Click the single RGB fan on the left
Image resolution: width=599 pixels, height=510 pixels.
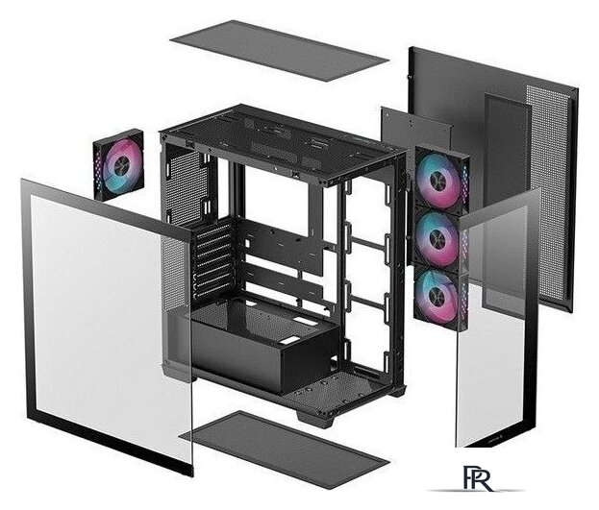(x=118, y=164)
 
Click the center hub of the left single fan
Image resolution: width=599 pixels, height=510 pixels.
(x=119, y=165)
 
